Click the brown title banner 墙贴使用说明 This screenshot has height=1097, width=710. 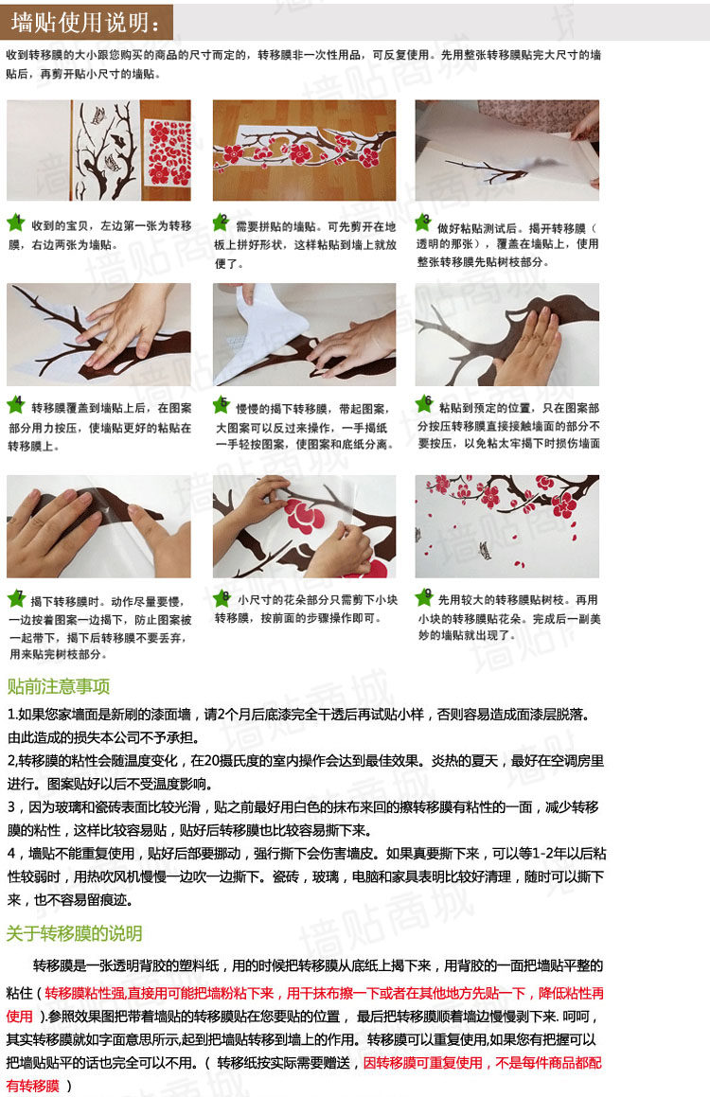click(86, 22)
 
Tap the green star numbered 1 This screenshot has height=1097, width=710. click(16, 223)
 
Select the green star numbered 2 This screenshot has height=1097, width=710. click(221, 223)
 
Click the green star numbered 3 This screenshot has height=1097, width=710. click(423, 223)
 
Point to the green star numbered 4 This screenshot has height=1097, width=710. click(16, 404)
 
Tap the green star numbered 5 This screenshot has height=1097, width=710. click(221, 404)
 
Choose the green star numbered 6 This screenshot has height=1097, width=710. click(423, 403)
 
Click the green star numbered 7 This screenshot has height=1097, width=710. click(17, 599)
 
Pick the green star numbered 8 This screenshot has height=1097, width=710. click(222, 598)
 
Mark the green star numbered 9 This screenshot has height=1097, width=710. click(424, 597)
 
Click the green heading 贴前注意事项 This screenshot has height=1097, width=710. click(59, 686)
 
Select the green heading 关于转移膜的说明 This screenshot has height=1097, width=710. click(74, 933)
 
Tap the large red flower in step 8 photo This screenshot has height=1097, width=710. click(304, 516)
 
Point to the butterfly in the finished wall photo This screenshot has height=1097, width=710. click(484, 550)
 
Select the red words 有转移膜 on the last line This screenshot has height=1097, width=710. click(33, 1085)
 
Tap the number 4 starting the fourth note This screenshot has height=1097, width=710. click(11, 854)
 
